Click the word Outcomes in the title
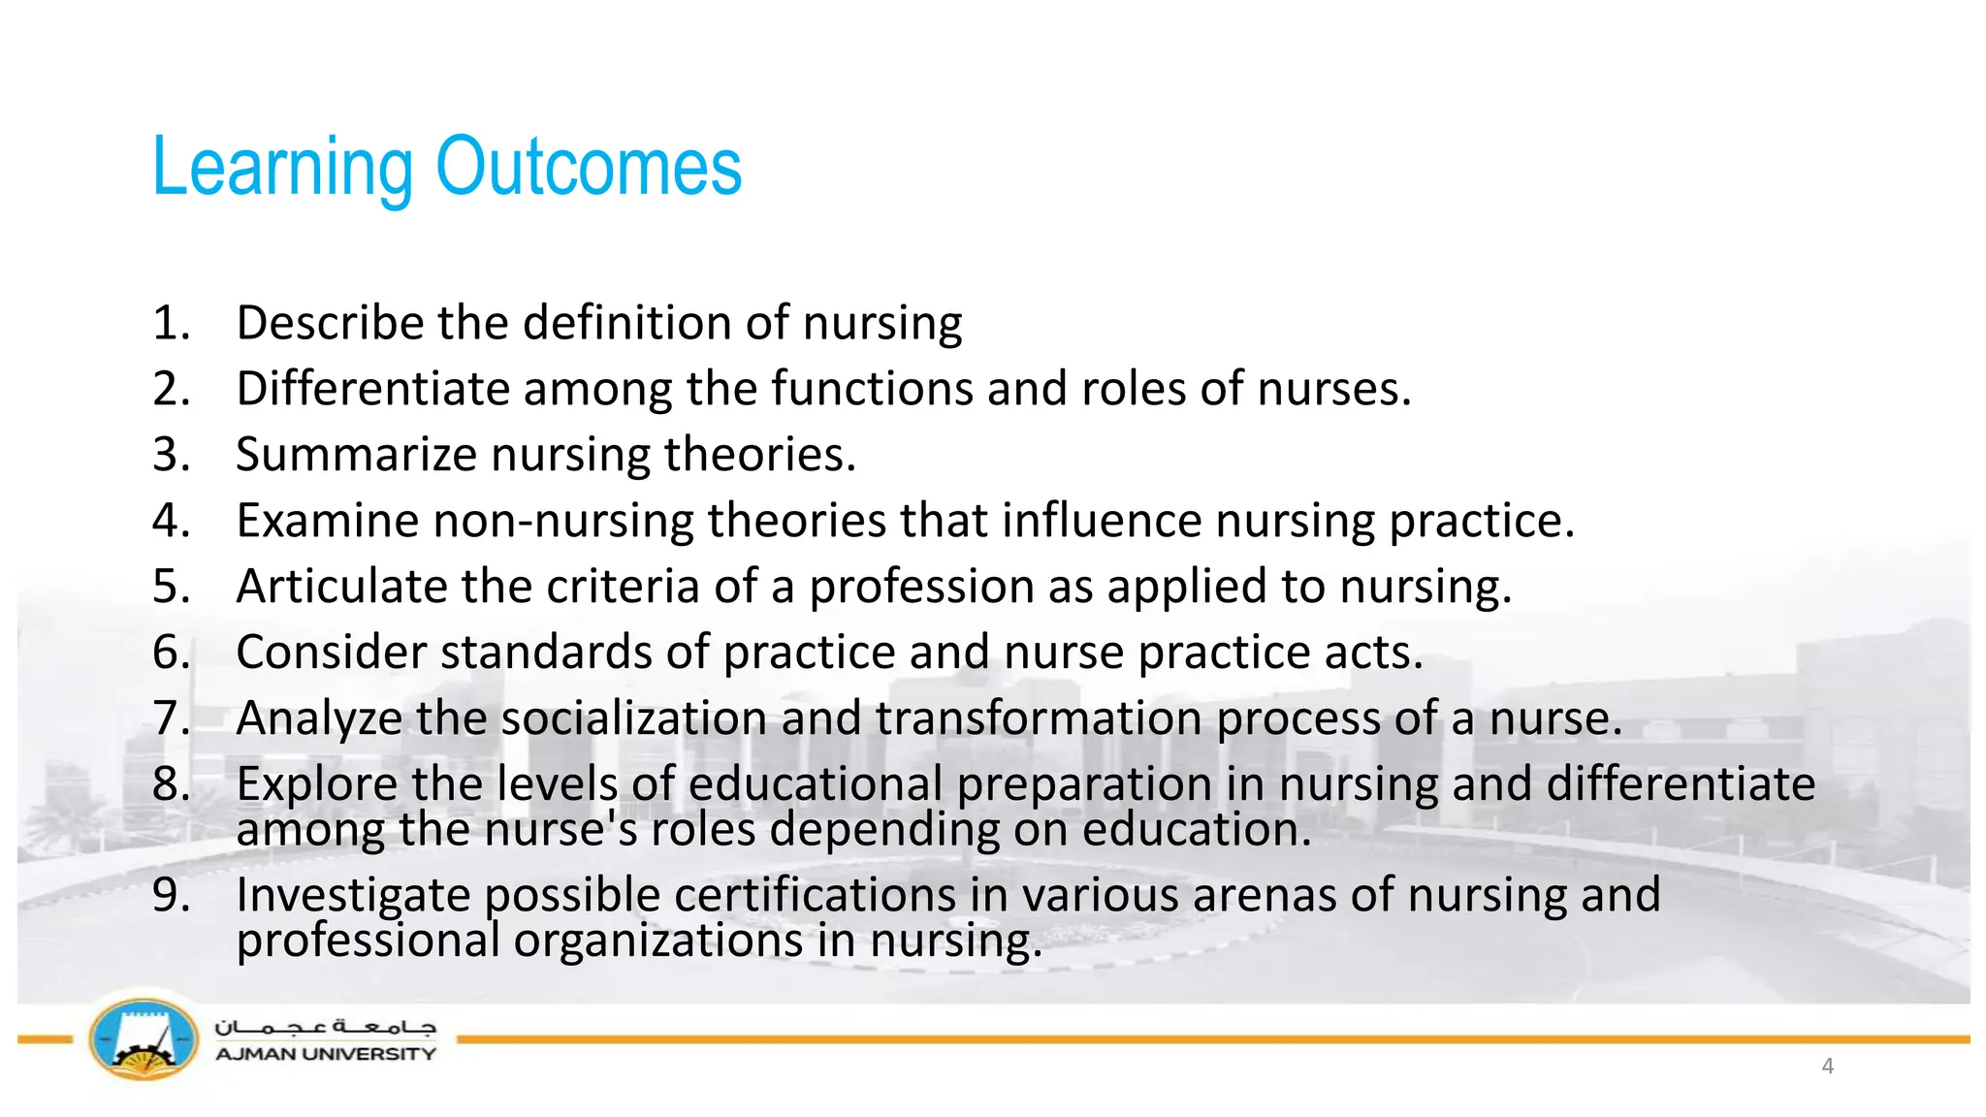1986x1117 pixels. click(x=589, y=167)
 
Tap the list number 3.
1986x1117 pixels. click(x=171, y=455)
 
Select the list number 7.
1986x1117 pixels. click(x=171, y=718)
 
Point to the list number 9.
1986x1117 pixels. click(x=171, y=895)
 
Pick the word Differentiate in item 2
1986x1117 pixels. click(x=372, y=389)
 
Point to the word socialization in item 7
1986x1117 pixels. click(x=634, y=718)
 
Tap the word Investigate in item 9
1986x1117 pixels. click(x=353, y=895)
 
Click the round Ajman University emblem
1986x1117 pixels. click(x=144, y=1039)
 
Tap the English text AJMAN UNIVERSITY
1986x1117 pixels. click(x=325, y=1054)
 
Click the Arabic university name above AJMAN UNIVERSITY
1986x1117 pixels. click(x=325, y=1027)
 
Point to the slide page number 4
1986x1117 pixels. click(x=1828, y=1067)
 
